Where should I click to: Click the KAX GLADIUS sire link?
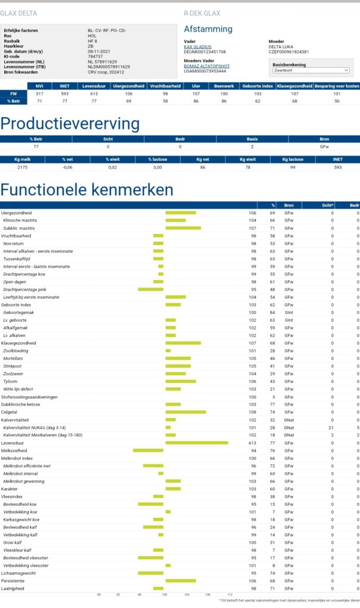(x=199, y=46)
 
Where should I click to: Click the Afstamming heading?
(x=209, y=29)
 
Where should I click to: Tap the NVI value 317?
(x=40, y=94)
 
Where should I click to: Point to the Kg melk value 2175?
(x=23, y=168)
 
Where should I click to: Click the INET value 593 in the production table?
(x=338, y=168)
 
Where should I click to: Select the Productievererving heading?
(x=70, y=123)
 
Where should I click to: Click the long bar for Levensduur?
(x=197, y=442)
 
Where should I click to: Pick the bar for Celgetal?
(x=185, y=411)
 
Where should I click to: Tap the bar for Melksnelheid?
(x=148, y=450)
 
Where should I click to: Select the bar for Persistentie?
(x=181, y=581)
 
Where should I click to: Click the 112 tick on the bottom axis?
(x=229, y=594)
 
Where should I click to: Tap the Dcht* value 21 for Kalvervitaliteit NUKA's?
(x=332, y=427)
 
